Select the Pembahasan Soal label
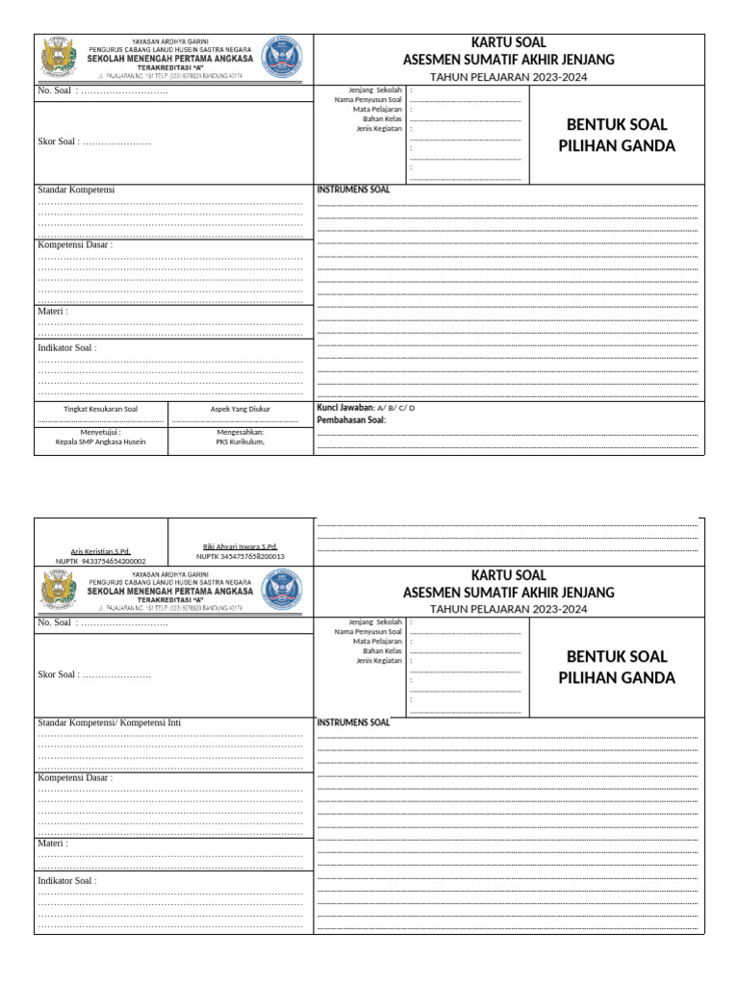[x=350, y=420]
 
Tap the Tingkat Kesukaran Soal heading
[x=101, y=409]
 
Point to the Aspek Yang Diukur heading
[x=241, y=409]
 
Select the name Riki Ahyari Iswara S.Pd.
[x=241, y=546]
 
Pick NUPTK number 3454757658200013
[x=241, y=556]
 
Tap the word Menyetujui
[x=101, y=433]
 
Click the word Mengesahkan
[x=241, y=432]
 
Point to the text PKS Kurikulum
[x=241, y=442]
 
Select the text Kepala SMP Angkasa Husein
[x=101, y=442]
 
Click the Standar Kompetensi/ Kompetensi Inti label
[x=109, y=722]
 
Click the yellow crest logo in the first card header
[x=59, y=57]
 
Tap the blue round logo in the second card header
[x=282, y=589]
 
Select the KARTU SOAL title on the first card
[x=508, y=42]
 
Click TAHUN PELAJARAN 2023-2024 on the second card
[x=508, y=609]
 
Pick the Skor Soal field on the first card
[x=93, y=141]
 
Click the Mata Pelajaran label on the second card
[x=376, y=641]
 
